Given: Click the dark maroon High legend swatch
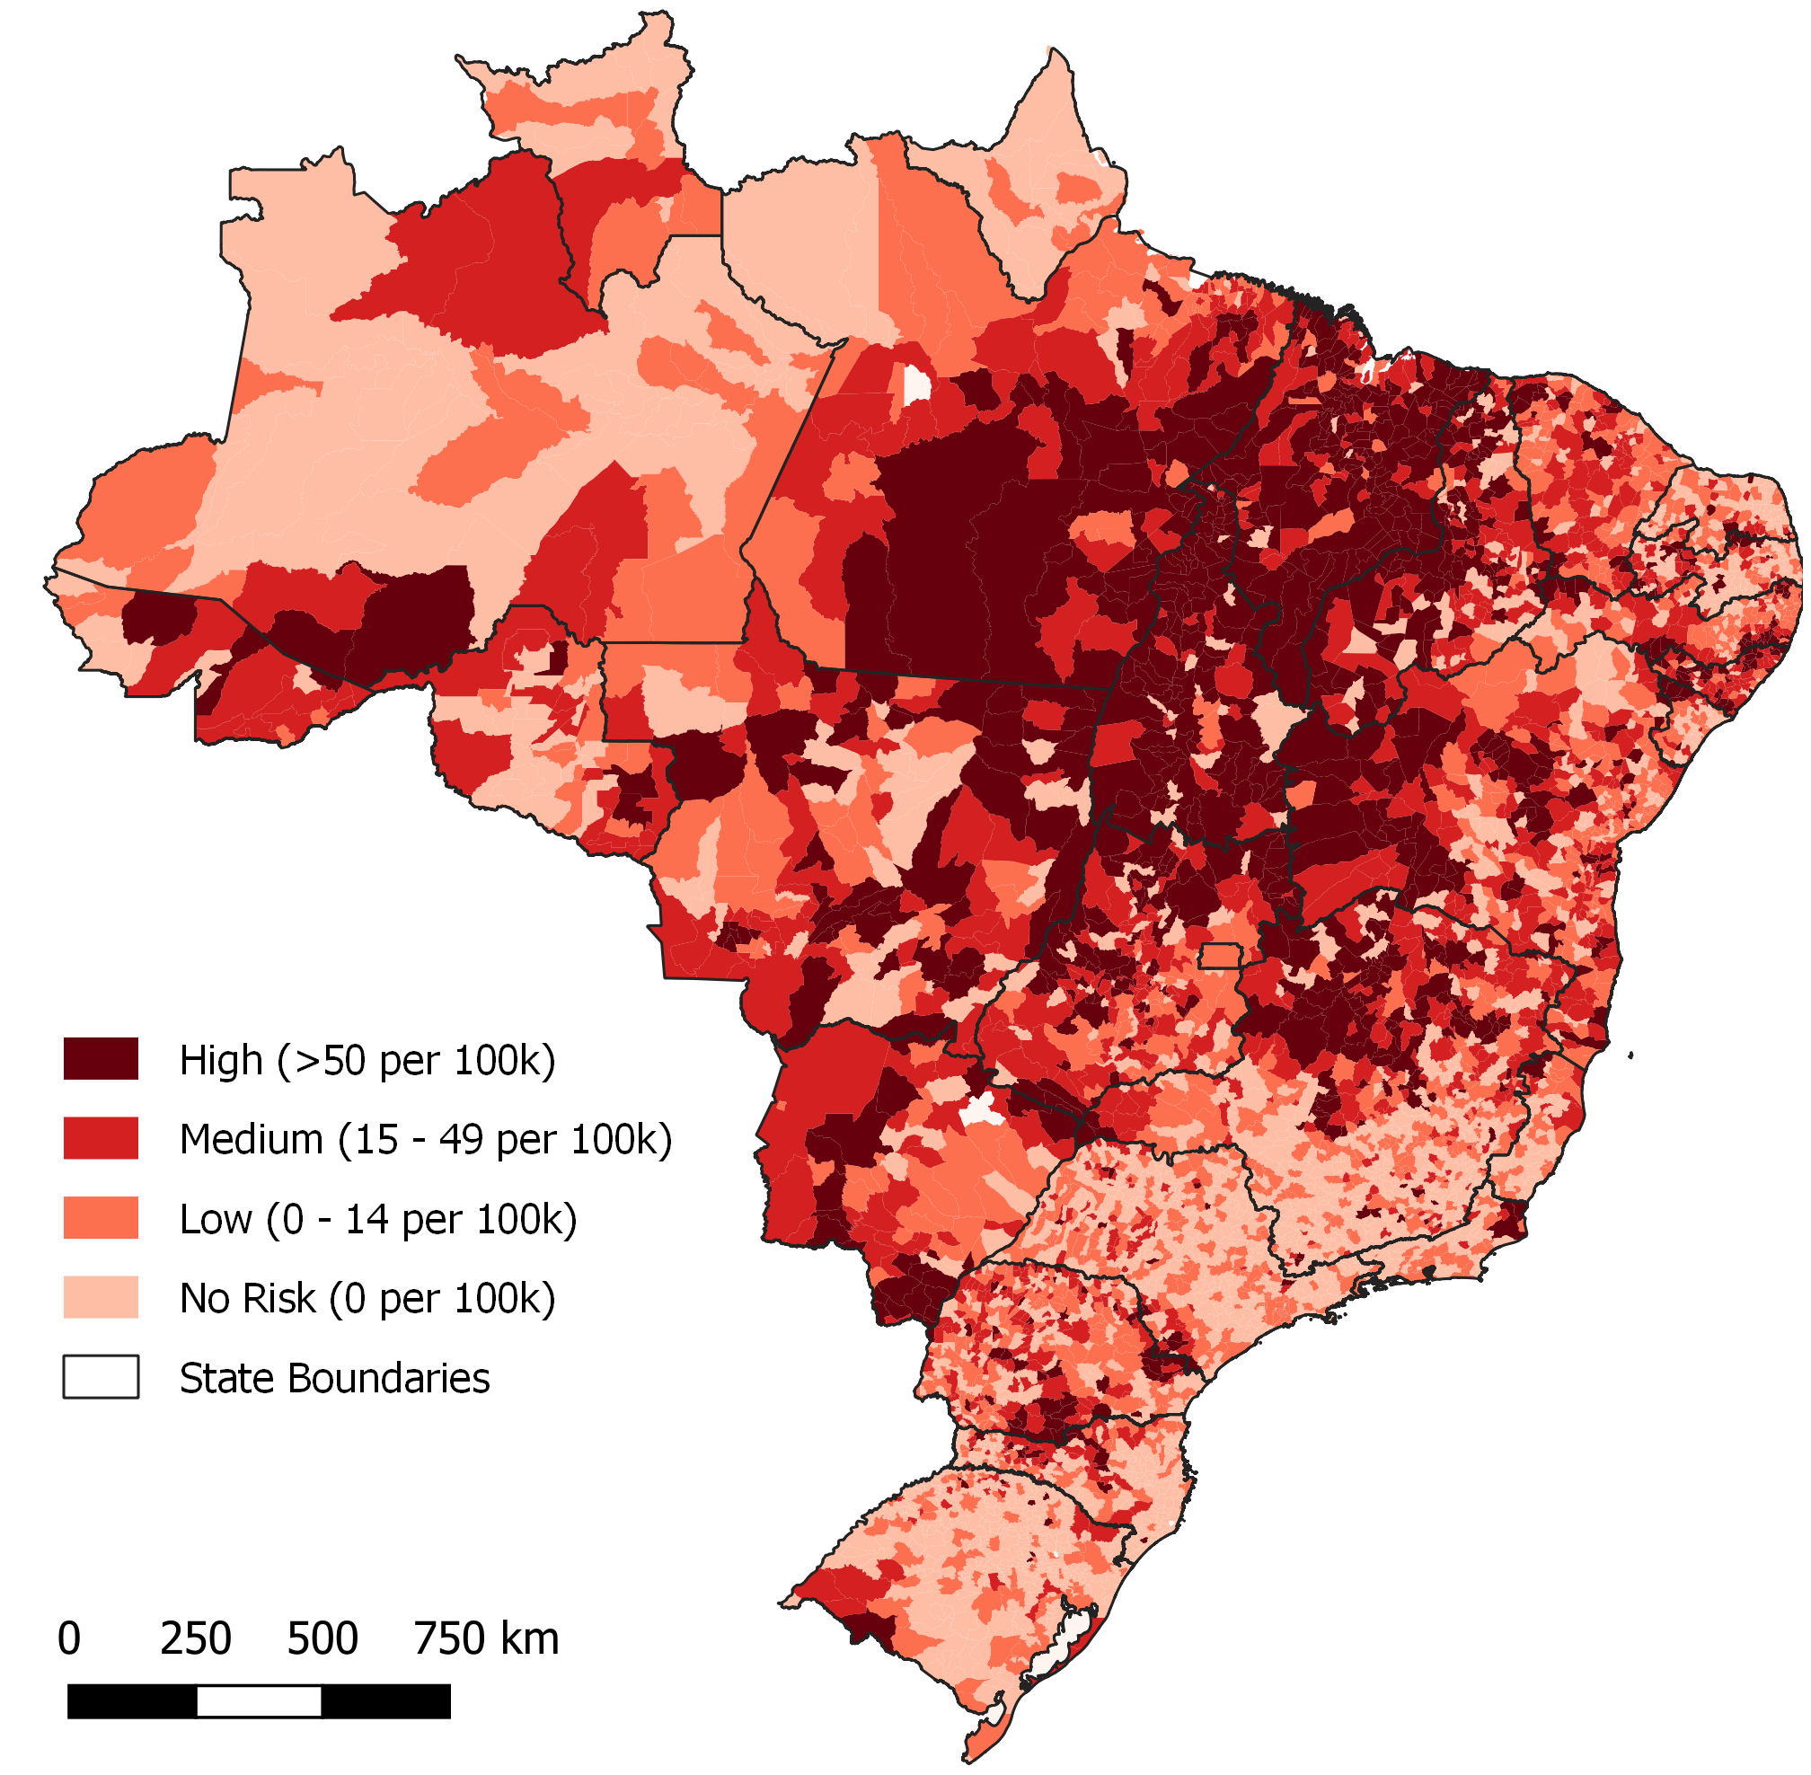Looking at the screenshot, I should point(101,1059).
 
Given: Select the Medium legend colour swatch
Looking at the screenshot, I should point(101,1138).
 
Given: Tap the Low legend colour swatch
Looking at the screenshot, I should point(101,1218).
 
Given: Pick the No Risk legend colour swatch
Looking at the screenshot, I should point(101,1298).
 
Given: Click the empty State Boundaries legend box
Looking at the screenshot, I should point(101,1378).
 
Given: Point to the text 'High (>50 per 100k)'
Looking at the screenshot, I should point(367,1061).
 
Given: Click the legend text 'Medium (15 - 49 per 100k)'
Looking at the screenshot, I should point(425,1140).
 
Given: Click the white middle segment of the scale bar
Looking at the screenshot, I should point(259,1701).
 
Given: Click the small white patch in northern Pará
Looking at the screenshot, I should point(916,384).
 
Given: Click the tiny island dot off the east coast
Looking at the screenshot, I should point(1631,1055).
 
